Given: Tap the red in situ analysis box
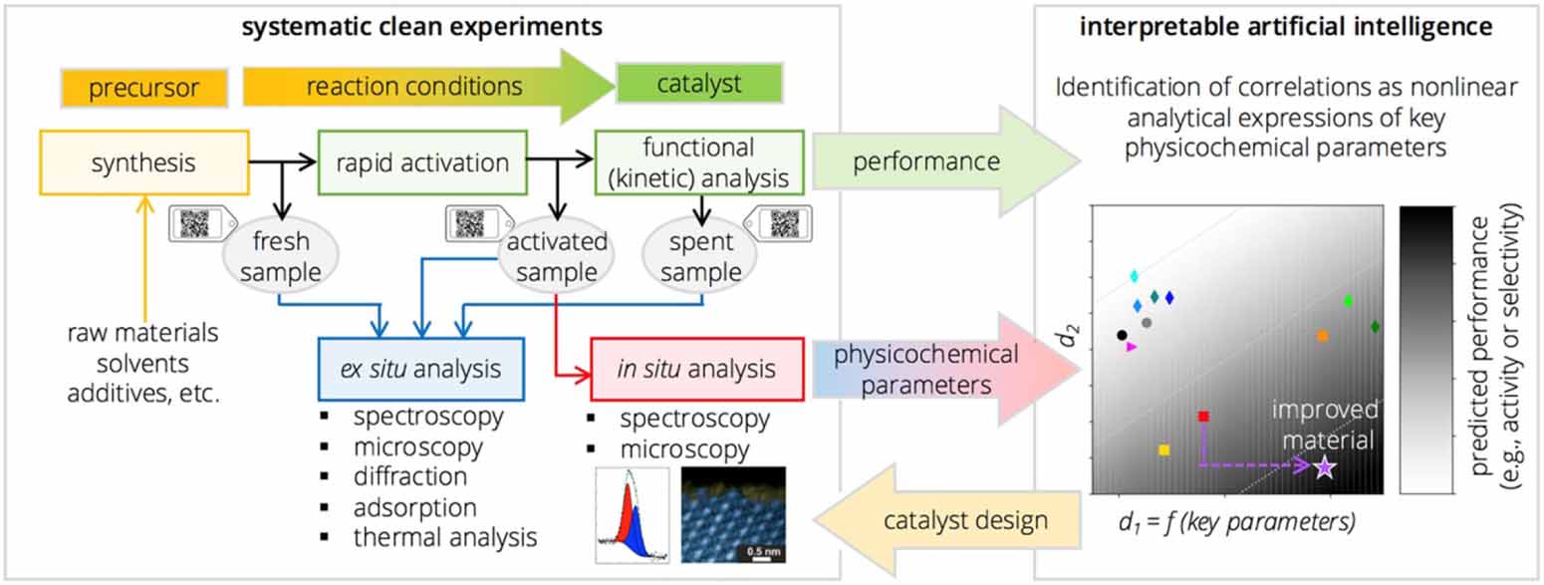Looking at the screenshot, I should point(683,369).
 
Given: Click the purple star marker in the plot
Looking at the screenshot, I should point(1323,466).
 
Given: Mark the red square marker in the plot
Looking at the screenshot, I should point(1203,417).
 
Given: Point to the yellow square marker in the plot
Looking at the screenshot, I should point(1163,450).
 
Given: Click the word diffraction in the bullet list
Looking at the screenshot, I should point(409,476).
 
